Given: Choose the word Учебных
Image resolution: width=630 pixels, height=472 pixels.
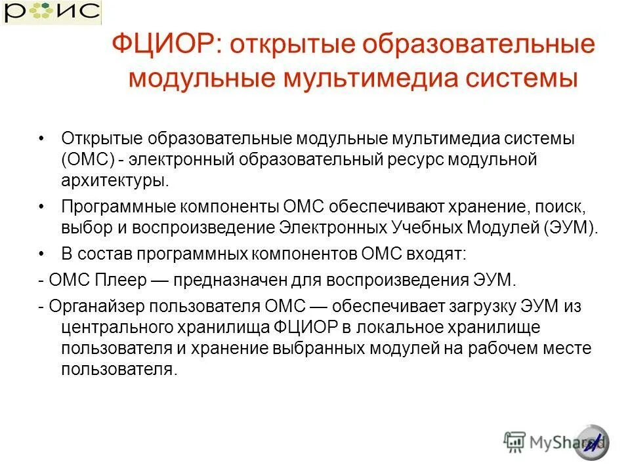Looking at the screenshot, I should [x=430, y=228].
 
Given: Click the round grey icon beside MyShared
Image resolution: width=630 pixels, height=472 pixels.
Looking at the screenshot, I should [x=592, y=442].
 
